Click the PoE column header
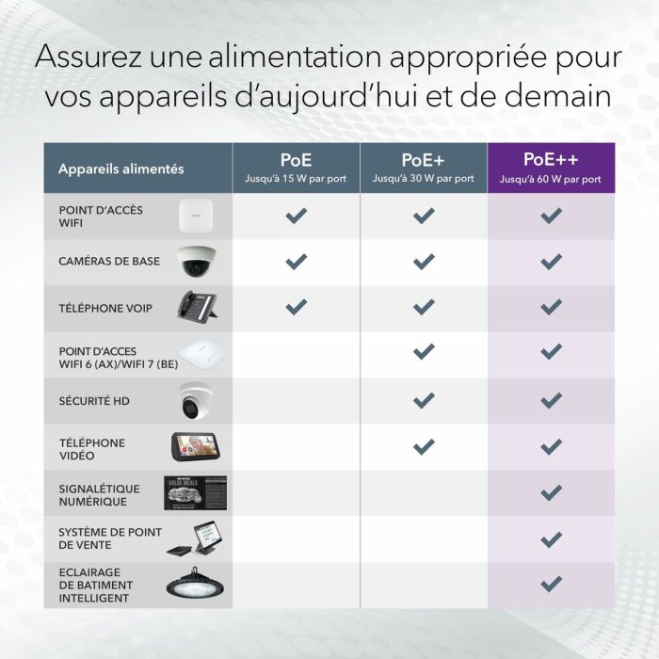(296, 168)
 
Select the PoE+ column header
(424, 168)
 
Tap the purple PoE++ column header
(551, 168)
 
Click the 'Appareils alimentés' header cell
(121, 169)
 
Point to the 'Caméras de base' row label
(109, 262)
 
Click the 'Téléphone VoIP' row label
(105, 308)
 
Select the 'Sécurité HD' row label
(94, 401)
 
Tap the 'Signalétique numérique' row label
(99, 495)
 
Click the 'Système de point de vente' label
(104, 538)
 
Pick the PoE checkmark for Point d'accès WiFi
(296, 216)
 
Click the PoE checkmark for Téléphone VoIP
(296, 307)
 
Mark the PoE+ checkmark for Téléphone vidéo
(424, 446)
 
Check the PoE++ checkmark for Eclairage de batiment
(551, 584)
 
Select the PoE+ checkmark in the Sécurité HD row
(424, 400)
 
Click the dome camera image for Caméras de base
(198, 262)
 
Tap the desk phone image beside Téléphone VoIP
(198, 307)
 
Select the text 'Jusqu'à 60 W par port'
(551, 179)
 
